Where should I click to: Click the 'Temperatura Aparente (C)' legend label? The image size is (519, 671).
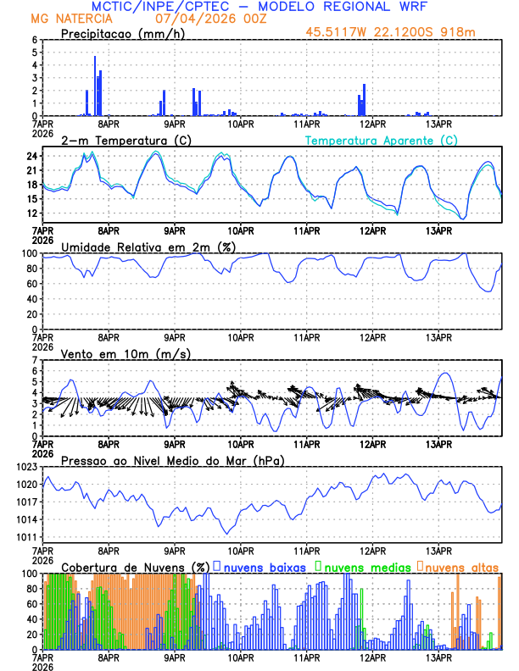(382, 140)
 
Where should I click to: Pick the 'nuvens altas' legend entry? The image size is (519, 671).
(461, 566)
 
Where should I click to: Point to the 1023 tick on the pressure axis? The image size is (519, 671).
(28, 467)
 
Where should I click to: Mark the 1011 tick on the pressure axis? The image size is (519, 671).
(28, 537)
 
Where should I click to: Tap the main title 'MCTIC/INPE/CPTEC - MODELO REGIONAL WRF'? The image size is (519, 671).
(259, 6)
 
